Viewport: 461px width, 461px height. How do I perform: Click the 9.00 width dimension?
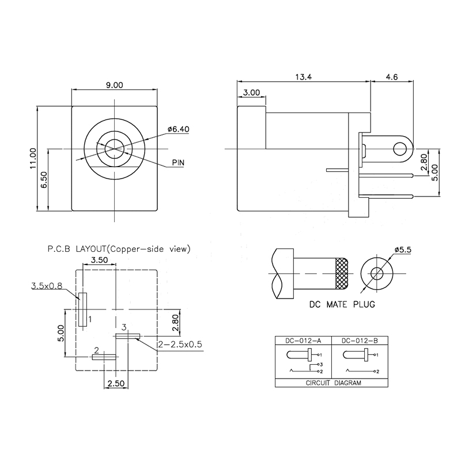coord(114,85)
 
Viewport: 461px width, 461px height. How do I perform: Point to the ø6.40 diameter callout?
coord(178,129)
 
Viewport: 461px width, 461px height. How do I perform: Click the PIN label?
coord(178,163)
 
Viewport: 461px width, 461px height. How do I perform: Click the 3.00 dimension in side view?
coord(251,92)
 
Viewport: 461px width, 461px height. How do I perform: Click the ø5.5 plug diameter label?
coord(403,249)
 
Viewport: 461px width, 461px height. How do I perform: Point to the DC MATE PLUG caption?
coord(342,304)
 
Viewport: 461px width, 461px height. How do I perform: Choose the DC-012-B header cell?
coord(360,340)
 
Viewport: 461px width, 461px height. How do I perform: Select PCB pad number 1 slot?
coord(83,309)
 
